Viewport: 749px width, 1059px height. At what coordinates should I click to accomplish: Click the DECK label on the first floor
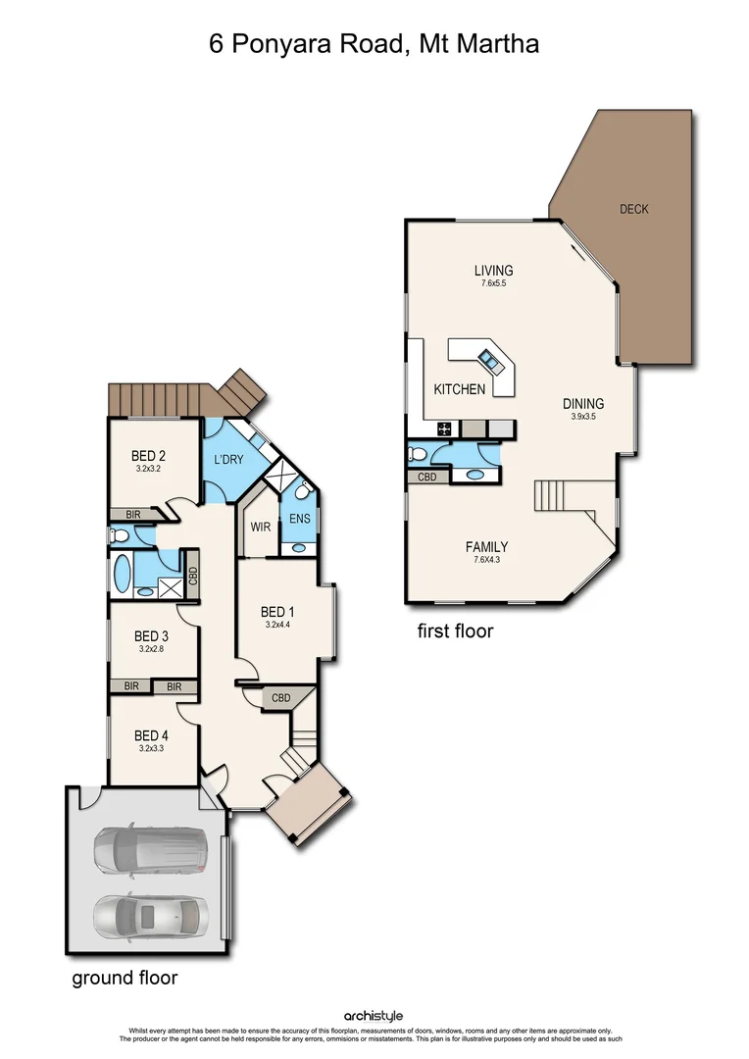(x=633, y=209)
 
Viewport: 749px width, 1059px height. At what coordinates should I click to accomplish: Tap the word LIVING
(x=493, y=271)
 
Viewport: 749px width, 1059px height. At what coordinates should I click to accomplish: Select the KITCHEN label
(x=460, y=389)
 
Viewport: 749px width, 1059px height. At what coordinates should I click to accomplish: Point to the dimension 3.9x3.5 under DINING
(x=583, y=417)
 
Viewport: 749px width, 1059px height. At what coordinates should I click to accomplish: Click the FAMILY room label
(x=486, y=547)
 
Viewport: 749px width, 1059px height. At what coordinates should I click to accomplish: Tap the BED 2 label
(x=148, y=455)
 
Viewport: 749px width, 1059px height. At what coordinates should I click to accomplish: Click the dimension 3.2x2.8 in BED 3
(x=152, y=648)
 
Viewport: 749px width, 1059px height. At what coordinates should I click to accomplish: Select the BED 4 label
(x=152, y=735)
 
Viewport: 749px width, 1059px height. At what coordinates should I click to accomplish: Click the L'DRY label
(x=228, y=459)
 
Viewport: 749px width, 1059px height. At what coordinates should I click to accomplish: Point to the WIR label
(x=260, y=527)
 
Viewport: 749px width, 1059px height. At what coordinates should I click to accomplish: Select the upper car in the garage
(x=151, y=849)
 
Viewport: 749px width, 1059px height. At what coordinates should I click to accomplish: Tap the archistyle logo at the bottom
(x=374, y=1016)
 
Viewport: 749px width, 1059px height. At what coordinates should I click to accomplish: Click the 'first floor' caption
(x=456, y=630)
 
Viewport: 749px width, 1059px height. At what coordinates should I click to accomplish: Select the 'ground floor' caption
(x=125, y=978)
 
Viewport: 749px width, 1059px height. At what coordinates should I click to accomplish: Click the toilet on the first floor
(x=418, y=453)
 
